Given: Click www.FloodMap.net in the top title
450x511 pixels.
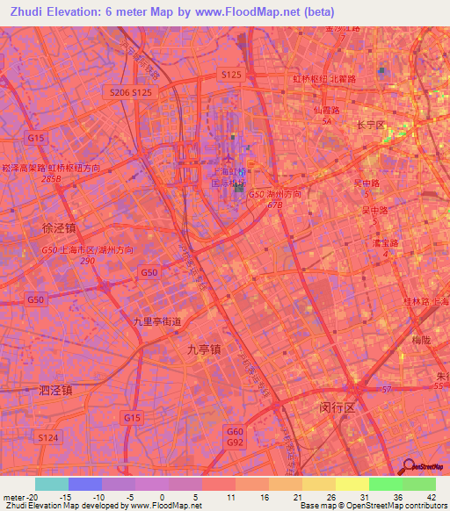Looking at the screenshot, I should click(237, 11).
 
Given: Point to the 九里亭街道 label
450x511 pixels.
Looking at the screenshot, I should click(156, 322).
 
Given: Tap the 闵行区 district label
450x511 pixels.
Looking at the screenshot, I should click(336, 408).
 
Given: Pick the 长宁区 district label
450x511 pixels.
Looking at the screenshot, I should click(370, 126).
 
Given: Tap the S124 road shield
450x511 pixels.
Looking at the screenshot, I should click(47, 436).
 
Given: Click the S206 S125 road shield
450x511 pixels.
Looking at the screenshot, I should click(132, 91).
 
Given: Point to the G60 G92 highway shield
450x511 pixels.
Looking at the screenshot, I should click(235, 436).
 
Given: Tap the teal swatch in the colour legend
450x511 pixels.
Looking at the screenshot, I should click(51, 484).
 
